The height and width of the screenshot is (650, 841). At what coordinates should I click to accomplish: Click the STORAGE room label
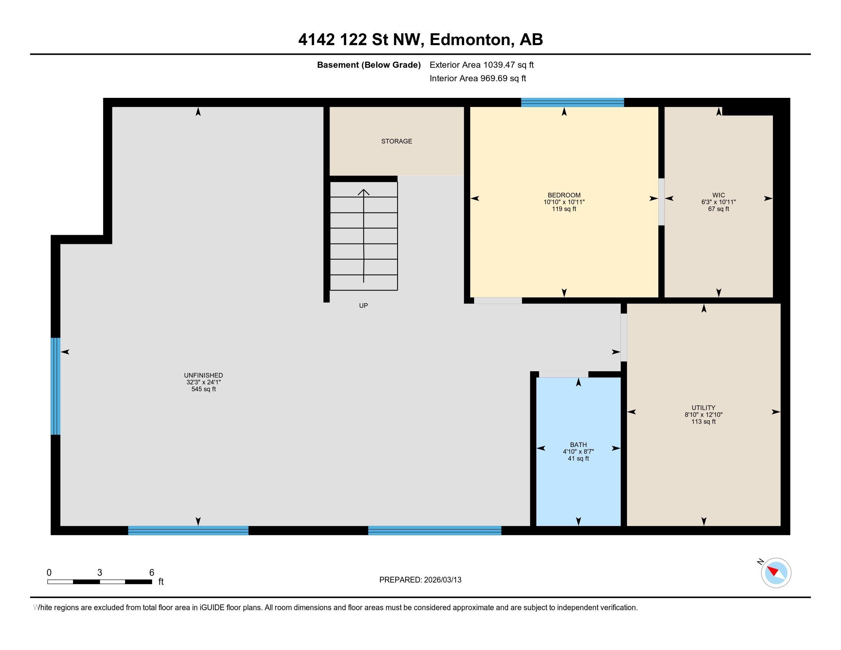click(397, 141)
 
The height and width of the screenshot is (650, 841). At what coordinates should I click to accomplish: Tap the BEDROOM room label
click(564, 195)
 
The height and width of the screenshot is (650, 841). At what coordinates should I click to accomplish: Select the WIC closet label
click(719, 195)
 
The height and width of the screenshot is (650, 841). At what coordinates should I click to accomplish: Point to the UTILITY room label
click(703, 408)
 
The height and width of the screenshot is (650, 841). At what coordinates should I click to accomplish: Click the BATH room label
click(578, 445)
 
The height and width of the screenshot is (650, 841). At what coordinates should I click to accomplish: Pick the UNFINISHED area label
click(203, 375)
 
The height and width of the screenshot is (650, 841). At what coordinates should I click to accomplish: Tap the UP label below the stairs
click(364, 306)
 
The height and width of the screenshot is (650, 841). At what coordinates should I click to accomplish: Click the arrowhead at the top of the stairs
click(364, 192)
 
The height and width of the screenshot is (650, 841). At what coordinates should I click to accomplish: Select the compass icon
click(776, 573)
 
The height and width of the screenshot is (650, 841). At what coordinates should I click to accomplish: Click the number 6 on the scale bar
click(152, 573)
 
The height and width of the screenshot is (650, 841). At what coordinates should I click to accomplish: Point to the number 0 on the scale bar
click(49, 573)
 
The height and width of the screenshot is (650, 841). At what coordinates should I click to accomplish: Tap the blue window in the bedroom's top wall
click(573, 102)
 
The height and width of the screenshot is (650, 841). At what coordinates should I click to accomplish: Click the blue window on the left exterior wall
click(55, 386)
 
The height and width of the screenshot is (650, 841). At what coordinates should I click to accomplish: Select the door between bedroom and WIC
click(661, 202)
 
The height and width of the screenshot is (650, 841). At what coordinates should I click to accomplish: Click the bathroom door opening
click(563, 374)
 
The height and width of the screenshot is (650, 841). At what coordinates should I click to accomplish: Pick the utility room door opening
click(623, 338)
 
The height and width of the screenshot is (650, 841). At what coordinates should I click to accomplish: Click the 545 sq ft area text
click(203, 389)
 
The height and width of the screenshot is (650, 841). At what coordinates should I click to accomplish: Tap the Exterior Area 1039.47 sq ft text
click(482, 65)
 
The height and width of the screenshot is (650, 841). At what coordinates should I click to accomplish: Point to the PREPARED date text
click(420, 580)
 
